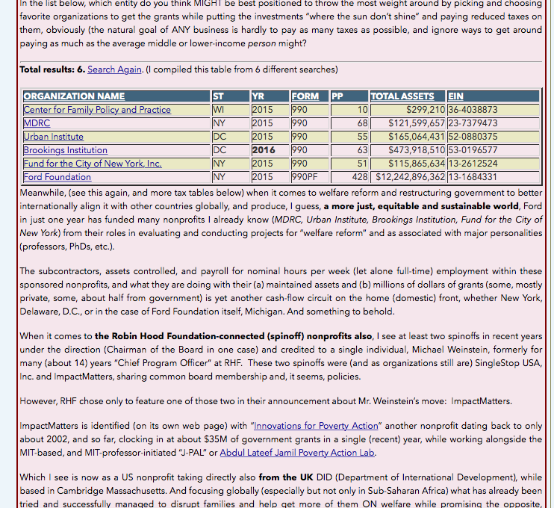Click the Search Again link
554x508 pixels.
point(114,69)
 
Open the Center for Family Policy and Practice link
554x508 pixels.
point(97,110)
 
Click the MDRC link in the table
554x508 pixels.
point(37,123)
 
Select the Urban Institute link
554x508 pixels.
point(53,137)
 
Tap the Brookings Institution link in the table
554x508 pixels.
point(65,150)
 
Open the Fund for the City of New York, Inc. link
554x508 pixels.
point(92,164)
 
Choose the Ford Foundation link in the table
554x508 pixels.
point(57,177)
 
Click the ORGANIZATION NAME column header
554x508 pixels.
point(74,96)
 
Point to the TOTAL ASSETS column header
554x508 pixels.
point(402,96)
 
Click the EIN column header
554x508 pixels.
point(456,96)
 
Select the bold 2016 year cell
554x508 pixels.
point(264,150)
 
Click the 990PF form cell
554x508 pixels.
point(305,177)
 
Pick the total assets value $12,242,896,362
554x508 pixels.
point(411,177)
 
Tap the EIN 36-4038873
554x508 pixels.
point(473,110)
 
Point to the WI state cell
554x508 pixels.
point(218,110)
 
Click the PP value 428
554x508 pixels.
point(359,177)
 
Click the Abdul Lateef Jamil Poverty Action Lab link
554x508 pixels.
point(297,453)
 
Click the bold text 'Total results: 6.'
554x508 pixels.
point(52,69)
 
